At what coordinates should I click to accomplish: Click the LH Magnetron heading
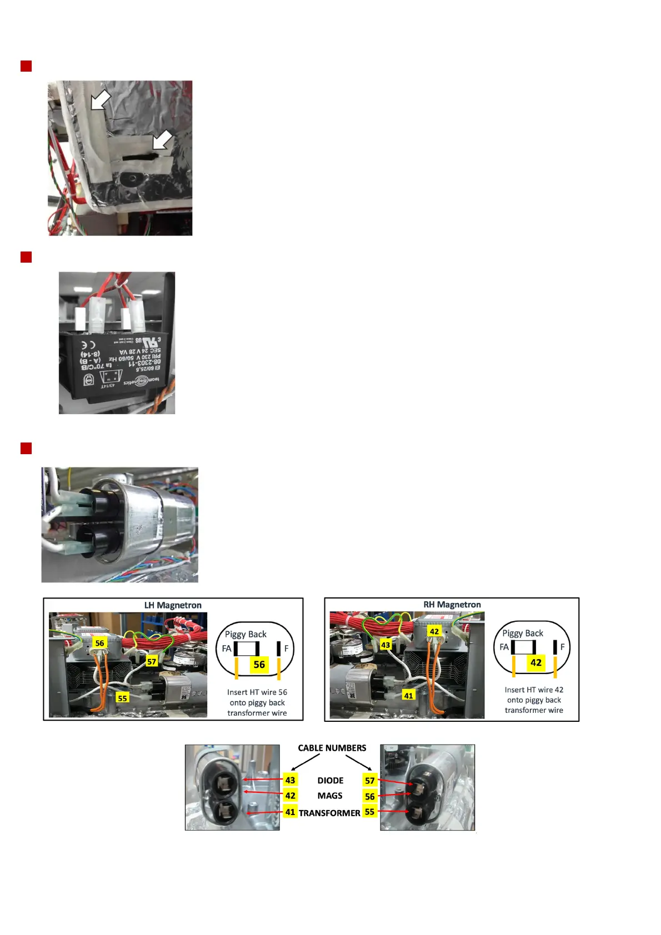tap(173, 605)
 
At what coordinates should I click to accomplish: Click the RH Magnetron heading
tap(452, 605)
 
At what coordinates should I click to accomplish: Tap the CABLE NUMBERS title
tap(332, 748)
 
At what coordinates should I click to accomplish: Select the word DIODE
tap(330, 781)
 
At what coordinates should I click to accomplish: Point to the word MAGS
tap(330, 796)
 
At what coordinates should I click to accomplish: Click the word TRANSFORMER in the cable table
tap(329, 813)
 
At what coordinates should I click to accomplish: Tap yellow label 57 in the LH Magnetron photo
tap(152, 661)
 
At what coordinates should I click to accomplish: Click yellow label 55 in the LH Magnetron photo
tap(122, 698)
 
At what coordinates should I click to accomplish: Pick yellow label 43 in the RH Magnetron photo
tap(385, 645)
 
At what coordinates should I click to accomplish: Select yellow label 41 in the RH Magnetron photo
tap(408, 696)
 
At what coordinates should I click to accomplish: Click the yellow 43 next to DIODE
tap(290, 780)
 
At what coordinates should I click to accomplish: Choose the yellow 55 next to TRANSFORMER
tap(369, 812)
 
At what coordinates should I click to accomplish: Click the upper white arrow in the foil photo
tap(101, 100)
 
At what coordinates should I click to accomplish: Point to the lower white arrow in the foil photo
tap(162, 140)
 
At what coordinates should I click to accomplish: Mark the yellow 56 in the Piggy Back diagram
tap(259, 665)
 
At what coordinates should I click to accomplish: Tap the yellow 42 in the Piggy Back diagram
tap(535, 662)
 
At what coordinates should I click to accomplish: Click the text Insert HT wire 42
tap(534, 690)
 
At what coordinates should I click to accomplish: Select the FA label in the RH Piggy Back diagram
tap(504, 647)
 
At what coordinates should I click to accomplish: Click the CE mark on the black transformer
tap(88, 345)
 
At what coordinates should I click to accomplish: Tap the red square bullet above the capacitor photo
tap(26, 448)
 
